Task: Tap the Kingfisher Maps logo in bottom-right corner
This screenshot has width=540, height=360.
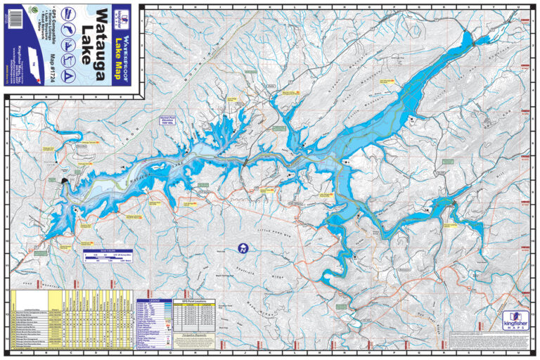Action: pyautogui.click(x=511, y=321)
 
